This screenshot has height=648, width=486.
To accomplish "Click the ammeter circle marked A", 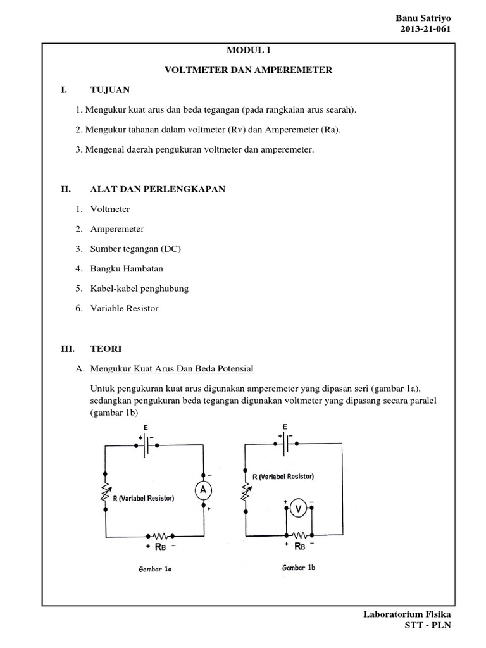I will point(204,490).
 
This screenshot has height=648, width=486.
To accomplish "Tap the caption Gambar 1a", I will point(155,569).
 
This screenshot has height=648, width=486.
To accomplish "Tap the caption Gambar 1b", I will point(298,568).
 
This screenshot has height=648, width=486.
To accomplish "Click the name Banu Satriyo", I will point(425,19).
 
